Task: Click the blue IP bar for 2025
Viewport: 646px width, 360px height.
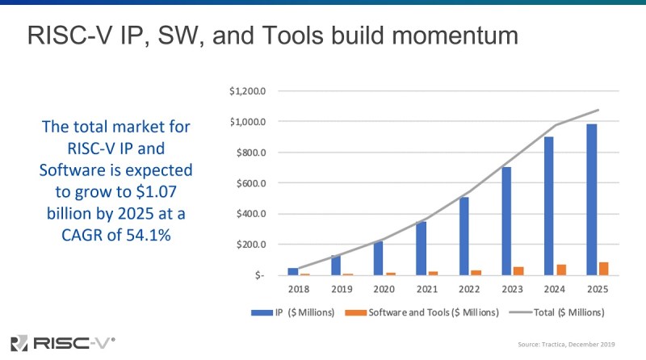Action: [592, 199]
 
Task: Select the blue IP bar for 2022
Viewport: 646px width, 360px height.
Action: [464, 236]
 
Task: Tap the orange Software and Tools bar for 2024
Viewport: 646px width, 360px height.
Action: [561, 270]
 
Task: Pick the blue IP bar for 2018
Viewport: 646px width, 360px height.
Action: [293, 271]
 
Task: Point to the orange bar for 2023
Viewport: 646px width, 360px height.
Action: [518, 271]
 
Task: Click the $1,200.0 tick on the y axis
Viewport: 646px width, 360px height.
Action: [248, 90]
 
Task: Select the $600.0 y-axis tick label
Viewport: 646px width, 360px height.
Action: [251, 183]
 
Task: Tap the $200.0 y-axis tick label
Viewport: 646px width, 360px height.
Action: [251, 245]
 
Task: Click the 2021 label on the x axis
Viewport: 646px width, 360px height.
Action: [427, 289]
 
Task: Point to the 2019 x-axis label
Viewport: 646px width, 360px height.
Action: [342, 289]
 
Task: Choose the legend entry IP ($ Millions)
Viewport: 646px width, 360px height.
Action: [293, 312]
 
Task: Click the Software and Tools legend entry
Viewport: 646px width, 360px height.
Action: [422, 312]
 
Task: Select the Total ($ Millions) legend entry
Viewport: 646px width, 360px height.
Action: [557, 312]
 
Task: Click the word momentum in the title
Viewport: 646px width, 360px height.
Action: [455, 36]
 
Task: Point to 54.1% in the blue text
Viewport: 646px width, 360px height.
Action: [149, 235]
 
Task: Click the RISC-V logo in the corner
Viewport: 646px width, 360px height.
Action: [63, 343]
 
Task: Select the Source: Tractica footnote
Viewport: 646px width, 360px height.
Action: [566, 345]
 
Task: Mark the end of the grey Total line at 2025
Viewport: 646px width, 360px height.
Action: [598, 110]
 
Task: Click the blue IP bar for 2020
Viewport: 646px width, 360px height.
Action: [378, 258]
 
